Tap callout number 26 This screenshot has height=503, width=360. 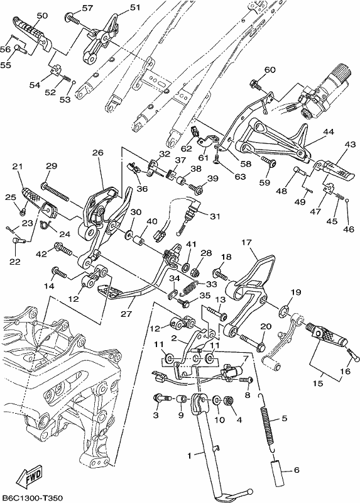point(98,153)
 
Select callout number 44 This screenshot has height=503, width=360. point(329,131)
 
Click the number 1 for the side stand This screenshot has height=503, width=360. point(190,455)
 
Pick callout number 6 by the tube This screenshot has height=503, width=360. point(297,470)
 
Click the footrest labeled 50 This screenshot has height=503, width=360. point(31,32)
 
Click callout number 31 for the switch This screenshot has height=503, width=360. point(215,216)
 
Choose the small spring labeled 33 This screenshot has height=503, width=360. point(189,287)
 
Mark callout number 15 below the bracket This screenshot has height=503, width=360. point(318,384)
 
